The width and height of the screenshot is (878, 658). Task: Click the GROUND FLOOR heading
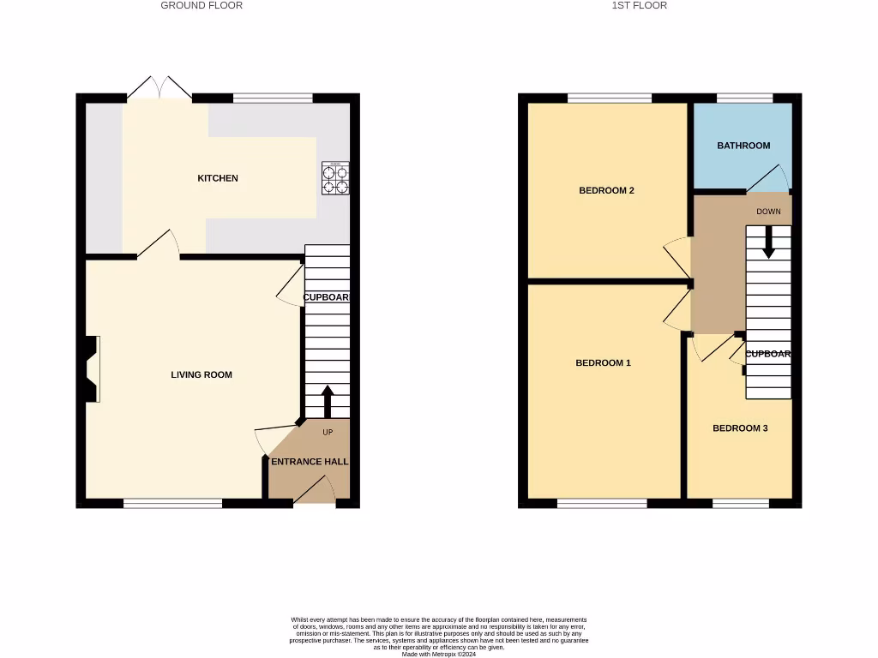201,5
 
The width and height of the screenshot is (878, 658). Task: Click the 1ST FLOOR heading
639,5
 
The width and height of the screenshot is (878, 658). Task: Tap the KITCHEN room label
218,178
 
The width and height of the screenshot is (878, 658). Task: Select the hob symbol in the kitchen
335,178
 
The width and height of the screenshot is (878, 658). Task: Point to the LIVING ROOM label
201,374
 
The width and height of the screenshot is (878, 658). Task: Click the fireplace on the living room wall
92,368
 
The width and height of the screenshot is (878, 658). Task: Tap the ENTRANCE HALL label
310,462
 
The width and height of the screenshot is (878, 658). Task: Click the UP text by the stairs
328,432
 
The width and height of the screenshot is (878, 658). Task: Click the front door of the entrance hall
314,492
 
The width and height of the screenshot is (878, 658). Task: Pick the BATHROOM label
743,146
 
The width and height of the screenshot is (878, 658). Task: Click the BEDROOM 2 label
606,190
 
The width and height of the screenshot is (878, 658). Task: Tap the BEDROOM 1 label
603,363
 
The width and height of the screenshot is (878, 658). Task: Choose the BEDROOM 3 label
740,428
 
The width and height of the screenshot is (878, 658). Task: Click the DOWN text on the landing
768,211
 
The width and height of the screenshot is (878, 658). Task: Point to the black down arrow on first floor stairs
768,242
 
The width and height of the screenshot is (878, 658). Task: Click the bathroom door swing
768,178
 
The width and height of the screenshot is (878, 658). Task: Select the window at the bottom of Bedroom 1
602,503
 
